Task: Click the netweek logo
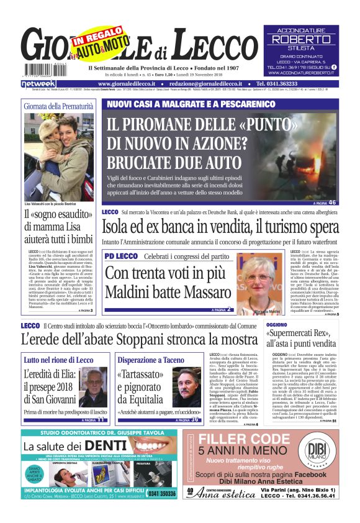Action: [38, 83]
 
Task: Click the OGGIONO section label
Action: [277, 324]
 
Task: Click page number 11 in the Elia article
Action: [101, 420]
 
